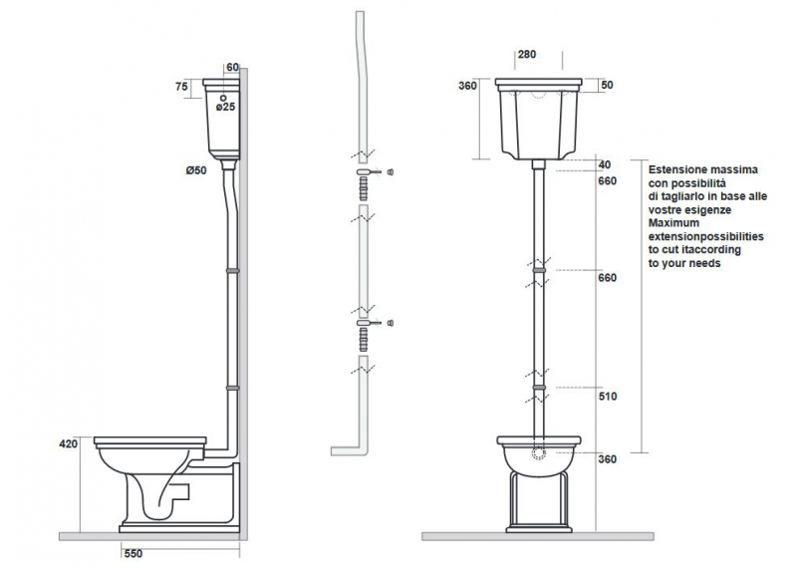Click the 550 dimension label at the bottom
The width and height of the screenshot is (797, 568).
tap(133, 554)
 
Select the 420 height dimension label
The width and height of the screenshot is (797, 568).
tap(69, 443)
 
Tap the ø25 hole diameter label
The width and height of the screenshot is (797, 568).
tap(226, 107)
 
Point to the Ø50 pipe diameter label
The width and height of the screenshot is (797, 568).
tap(196, 170)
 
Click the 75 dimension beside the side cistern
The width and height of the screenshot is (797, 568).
tap(181, 87)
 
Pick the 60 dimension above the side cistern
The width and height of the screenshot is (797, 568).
tap(232, 67)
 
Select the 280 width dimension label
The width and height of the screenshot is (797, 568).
tap(527, 55)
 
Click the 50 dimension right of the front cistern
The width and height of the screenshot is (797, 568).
tap(607, 85)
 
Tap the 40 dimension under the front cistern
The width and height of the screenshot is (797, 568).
tap(605, 164)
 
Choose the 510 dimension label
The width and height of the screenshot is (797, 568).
tap(608, 397)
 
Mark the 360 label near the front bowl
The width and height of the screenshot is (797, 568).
tap(608, 459)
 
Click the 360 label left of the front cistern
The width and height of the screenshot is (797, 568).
tap(467, 86)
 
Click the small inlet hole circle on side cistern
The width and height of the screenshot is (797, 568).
tap(223, 98)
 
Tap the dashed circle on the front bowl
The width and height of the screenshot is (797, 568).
tap(539, 453)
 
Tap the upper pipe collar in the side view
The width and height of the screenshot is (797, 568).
tap(232, 271)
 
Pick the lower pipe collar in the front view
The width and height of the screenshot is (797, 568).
tap(539, 388)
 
